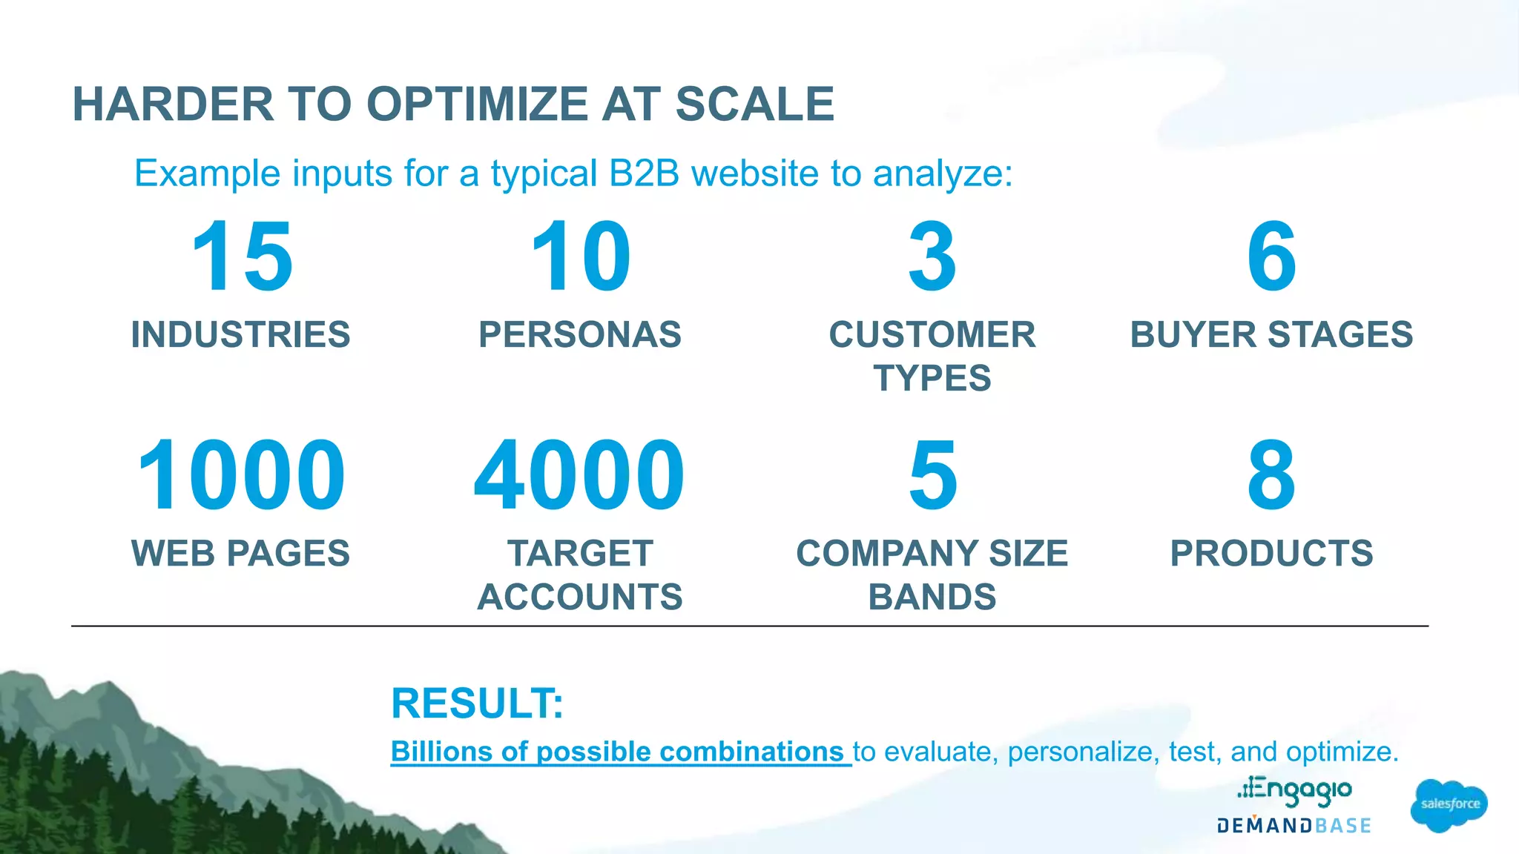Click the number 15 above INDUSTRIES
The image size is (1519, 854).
(x=242, y=256)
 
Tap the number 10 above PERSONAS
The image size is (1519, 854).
(x=580, y=256)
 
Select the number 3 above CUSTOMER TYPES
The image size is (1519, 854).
(x=932, y=256)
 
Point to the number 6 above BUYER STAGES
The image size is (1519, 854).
(x=1271, y=256)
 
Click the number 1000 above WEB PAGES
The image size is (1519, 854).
(x=241, y=475)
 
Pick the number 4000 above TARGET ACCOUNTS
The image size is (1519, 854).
(x=580, y=475)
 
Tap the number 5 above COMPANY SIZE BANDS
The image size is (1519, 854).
(x=932, y=475)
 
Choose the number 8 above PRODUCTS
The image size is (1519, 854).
(x=1271, y=475)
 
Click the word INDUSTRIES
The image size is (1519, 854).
(x=240, y=334)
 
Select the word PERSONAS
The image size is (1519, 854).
(x=580, y=334)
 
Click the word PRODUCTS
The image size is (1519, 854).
(x=1271, y=553)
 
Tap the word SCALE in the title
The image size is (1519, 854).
(x=754, y=104)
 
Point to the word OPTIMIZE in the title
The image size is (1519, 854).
(x=479, y=104)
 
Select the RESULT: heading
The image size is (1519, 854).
(x=477, y=703)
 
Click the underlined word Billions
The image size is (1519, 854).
(x=441, y=752)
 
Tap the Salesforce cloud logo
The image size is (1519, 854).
(x=1449, y=804)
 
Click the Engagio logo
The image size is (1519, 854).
(x=1295, y=790)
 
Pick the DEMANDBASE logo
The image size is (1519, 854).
(x=1294, y=826)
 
